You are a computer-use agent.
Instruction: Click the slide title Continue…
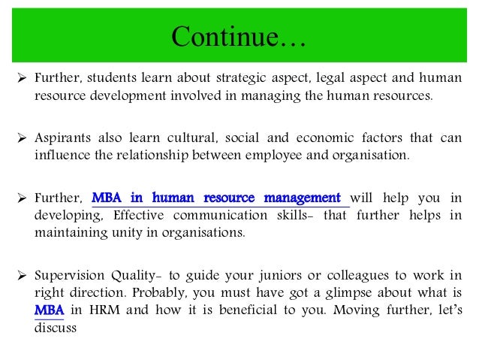[x=239, y=36]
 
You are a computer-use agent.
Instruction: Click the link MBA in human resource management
[x=220, y=198]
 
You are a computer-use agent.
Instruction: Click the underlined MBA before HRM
[x=49, y=310]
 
